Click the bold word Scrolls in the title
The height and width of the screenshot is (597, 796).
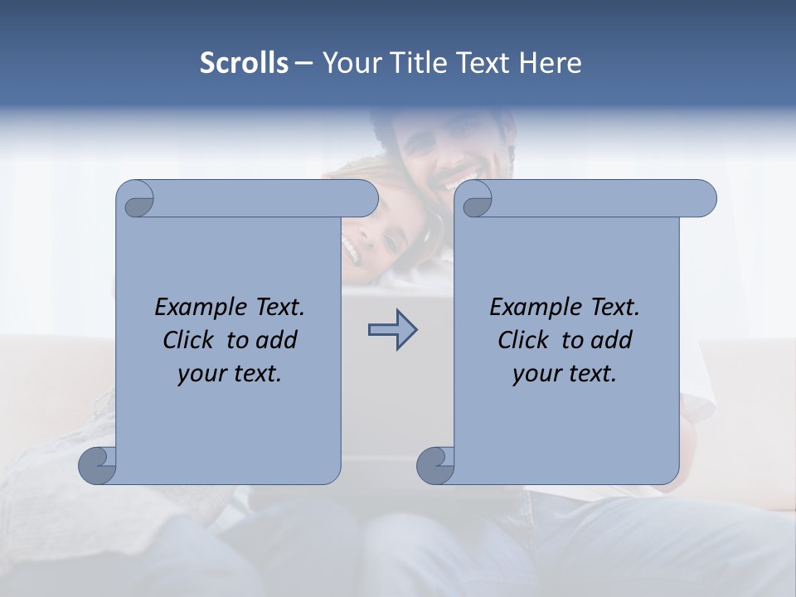(x=244, y=63)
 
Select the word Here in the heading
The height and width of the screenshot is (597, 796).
(x=551, y=63)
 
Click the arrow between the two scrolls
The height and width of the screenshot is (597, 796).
(x=392, y=330)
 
